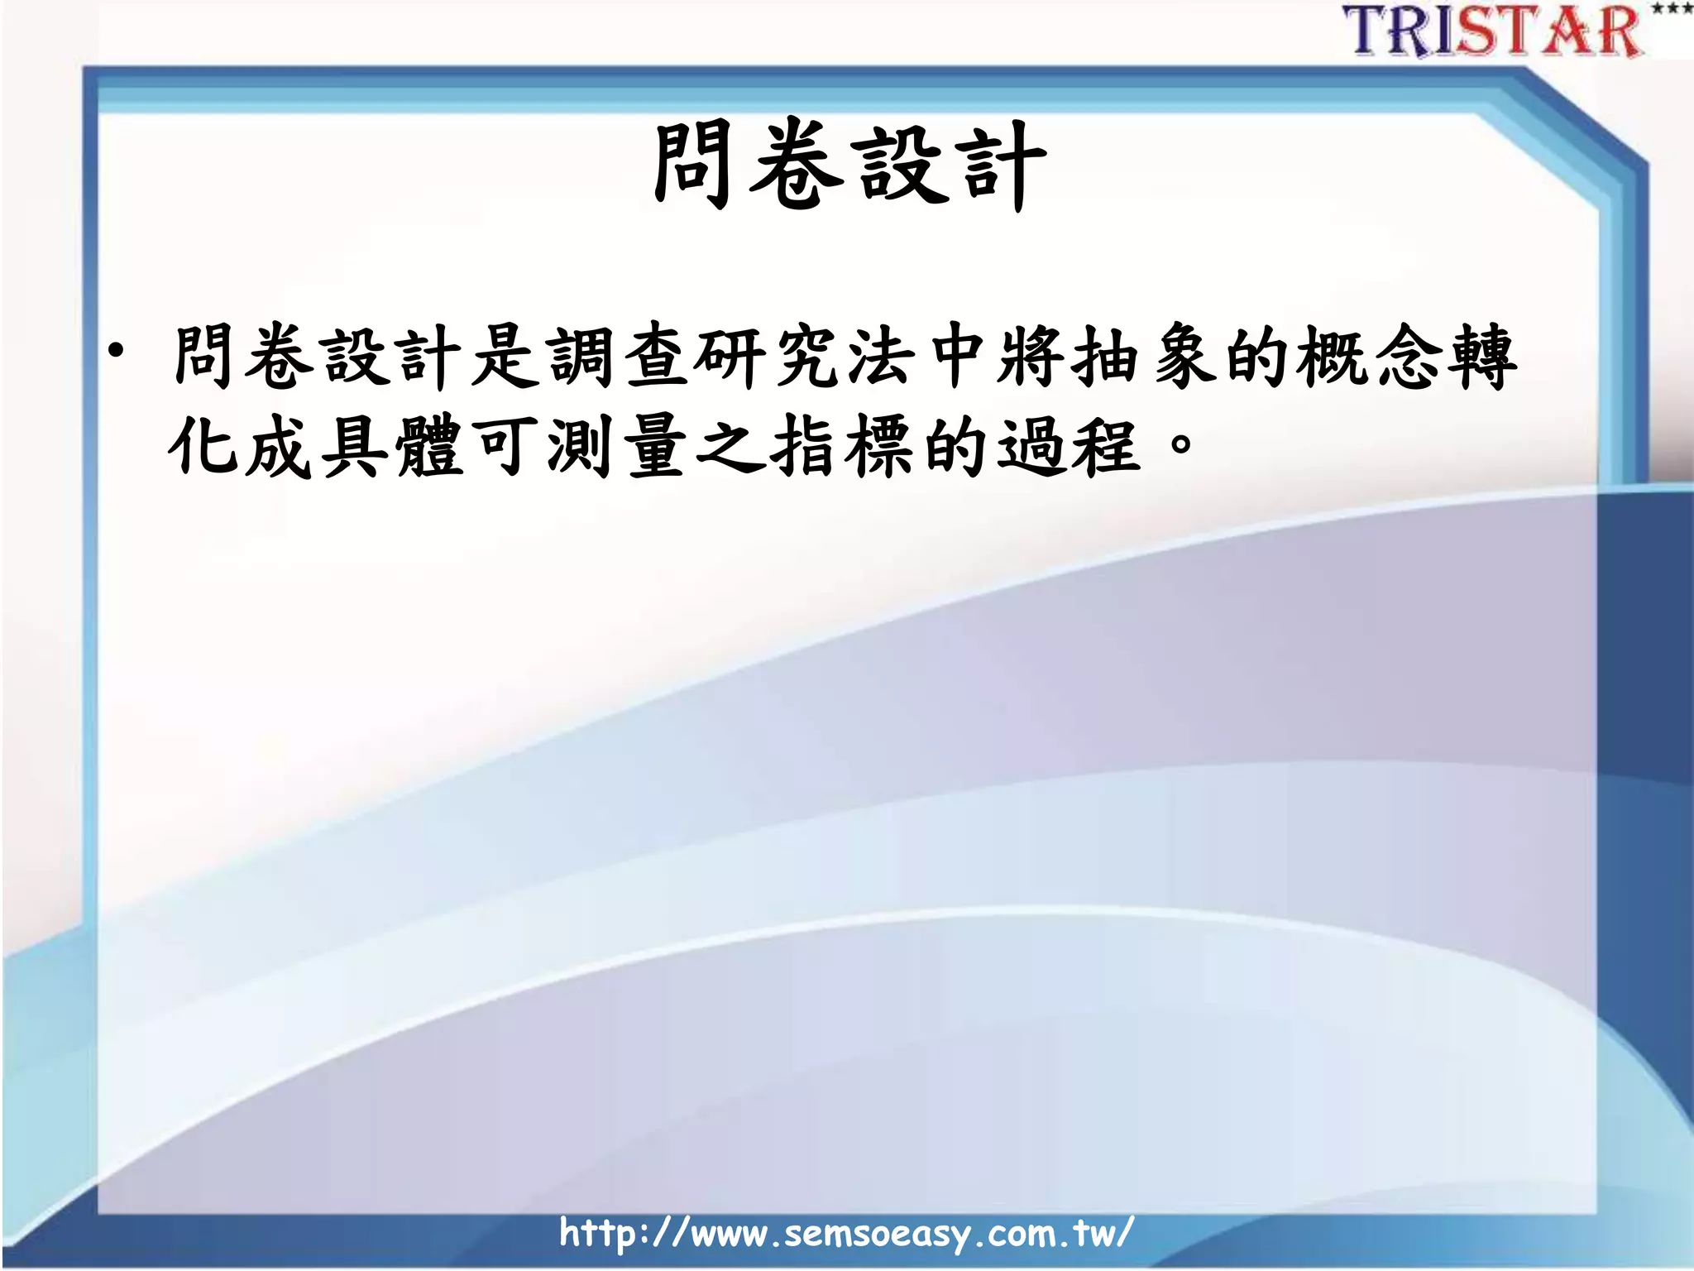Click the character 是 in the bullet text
point(505,357)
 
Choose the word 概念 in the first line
point(1369,357)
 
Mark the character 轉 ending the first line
point(1481,357)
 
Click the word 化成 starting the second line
point(240,447)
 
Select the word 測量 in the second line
point(617,447)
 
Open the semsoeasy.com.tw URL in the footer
point(845,1233)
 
